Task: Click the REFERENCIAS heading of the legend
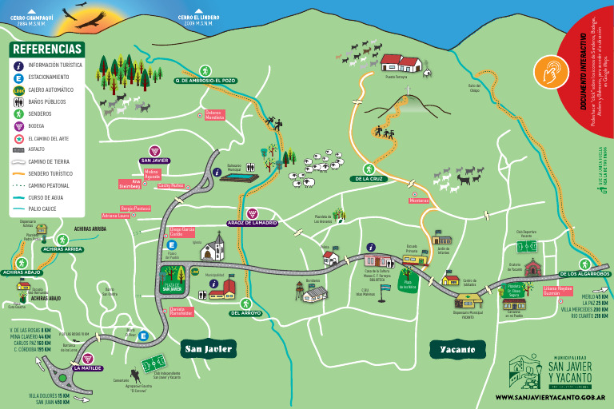(47, 50)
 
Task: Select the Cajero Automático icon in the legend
(18, 90)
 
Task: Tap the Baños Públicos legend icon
(18, 102)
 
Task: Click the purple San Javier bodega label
(155, 160)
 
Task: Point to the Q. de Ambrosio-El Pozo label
(205, 81)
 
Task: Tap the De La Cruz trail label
(368, 179)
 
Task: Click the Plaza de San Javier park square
(173, 284)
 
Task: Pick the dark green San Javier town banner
(209, 349)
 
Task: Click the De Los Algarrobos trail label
(584, 274)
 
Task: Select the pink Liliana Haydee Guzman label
(559, 291)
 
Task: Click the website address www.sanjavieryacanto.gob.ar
(549, 397)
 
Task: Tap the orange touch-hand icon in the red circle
(548, 69)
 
